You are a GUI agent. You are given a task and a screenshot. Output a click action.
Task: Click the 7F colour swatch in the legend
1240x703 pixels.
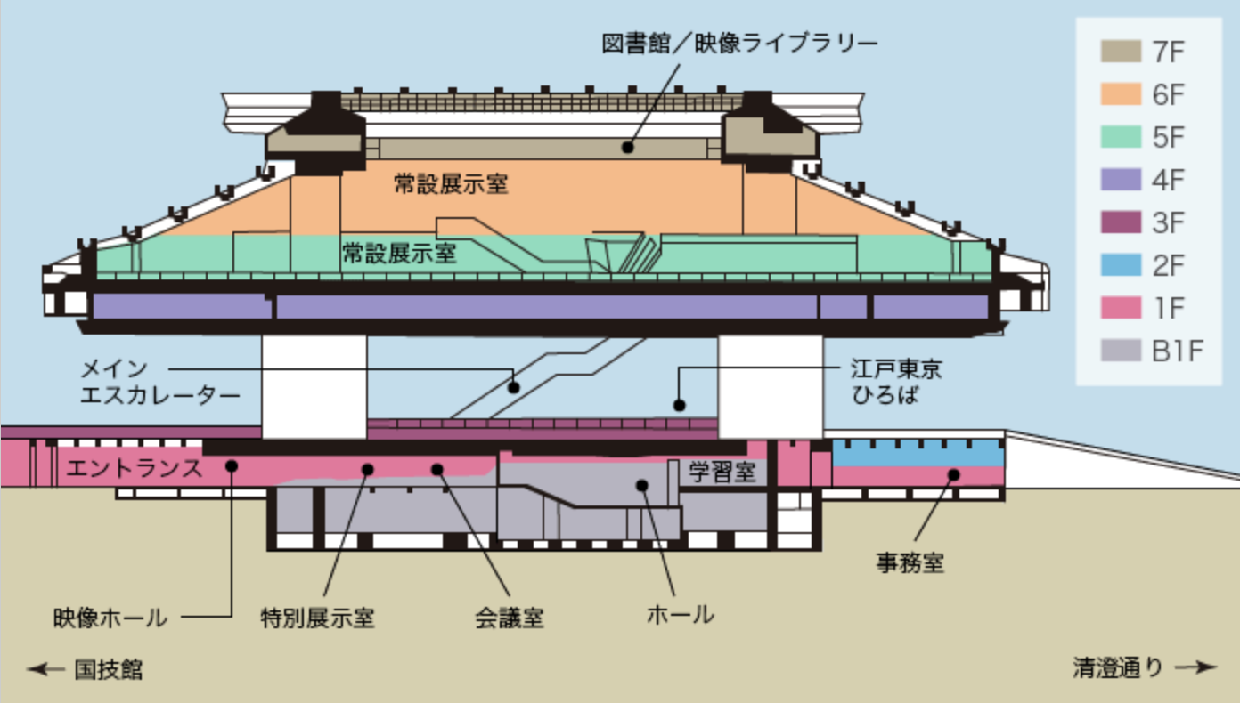(x=1121, y=52)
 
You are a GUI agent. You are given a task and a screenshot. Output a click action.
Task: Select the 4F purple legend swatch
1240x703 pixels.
(x=1121, y=180)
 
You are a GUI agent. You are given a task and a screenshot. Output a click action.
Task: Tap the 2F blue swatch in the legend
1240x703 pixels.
(x=1121, y=265)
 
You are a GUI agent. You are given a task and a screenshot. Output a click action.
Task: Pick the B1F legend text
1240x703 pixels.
(x=1178, y=351)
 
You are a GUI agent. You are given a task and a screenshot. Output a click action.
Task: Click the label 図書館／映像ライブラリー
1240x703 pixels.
(x=739, y=44)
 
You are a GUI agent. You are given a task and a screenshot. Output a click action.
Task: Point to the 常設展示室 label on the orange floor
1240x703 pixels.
(x=451, y=183)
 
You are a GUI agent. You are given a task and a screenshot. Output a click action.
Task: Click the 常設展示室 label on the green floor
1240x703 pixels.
(x=399, y=254)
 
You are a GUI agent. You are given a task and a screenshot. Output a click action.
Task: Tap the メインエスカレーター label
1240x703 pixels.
(x=160, y=382)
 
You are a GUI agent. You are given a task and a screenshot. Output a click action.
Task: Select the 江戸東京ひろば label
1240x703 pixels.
(x=896, y=382)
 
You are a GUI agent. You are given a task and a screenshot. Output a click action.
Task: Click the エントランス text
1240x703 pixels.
(x=135, y=468)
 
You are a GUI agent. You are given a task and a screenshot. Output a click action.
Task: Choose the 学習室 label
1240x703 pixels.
(x=722, y=472)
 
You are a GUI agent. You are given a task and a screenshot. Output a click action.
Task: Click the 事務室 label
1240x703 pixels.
(x=910, y=563)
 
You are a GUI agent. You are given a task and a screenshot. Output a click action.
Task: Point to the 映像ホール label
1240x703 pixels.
(x=110, y=618)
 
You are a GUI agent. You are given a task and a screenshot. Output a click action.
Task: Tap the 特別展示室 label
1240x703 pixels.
(x=318, y=618)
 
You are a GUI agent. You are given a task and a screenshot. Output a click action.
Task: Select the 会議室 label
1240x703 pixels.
(x=510, y=618)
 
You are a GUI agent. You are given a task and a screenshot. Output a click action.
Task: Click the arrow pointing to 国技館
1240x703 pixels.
(x=46, y=669)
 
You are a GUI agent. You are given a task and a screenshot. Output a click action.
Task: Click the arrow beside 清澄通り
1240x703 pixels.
(x=1195, y=667)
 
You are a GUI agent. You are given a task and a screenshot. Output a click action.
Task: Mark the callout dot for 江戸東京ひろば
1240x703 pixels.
(x=679, y=406)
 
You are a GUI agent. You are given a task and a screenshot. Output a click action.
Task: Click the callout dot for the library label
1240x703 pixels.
(x=627, y=147)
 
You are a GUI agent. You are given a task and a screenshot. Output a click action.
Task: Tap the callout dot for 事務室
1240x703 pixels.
(x=953, y=474)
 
